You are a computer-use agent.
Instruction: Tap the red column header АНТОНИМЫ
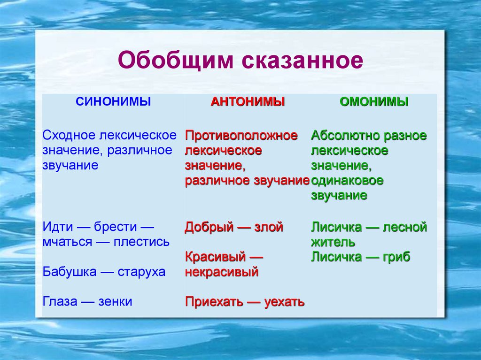click(x=248, y=101)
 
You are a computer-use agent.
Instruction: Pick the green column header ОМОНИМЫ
click(x=374, y=101)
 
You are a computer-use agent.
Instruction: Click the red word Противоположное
click(x=241, y=136)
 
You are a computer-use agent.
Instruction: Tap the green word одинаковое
click(x=347, y=181)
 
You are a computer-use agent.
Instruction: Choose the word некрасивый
click(x=222, y=272)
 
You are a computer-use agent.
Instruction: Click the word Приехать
click(x=212, y=302)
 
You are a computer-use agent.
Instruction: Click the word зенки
click(x=115, y=302)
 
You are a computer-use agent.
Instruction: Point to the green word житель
click(x=333, y=242)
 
